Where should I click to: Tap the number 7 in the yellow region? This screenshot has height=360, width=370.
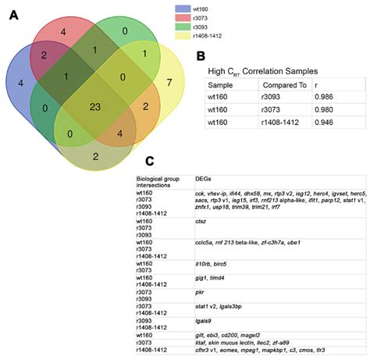pyautogui.click(x=169, y=82)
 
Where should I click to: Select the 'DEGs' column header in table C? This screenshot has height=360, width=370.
pyautogui.click(x=205, y=177)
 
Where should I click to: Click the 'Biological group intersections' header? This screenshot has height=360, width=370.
pyautogui.click(x=162, y=177)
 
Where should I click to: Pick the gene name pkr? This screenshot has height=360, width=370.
pyautogui.click(x=201, y=289)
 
